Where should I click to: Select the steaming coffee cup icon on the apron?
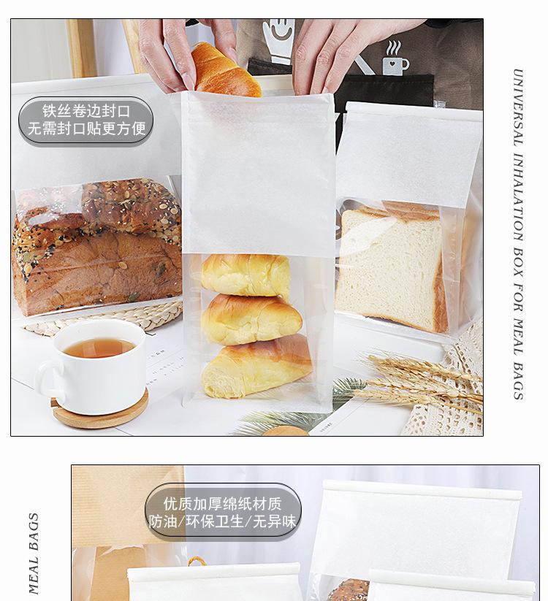click(x=395, y=59)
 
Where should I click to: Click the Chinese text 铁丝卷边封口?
click(x=85, y=112)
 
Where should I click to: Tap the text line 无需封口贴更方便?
click(x=85, y=129)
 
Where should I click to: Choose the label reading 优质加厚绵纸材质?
click(x=223, y=504)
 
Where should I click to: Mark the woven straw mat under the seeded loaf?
click(x=102, y=318)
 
